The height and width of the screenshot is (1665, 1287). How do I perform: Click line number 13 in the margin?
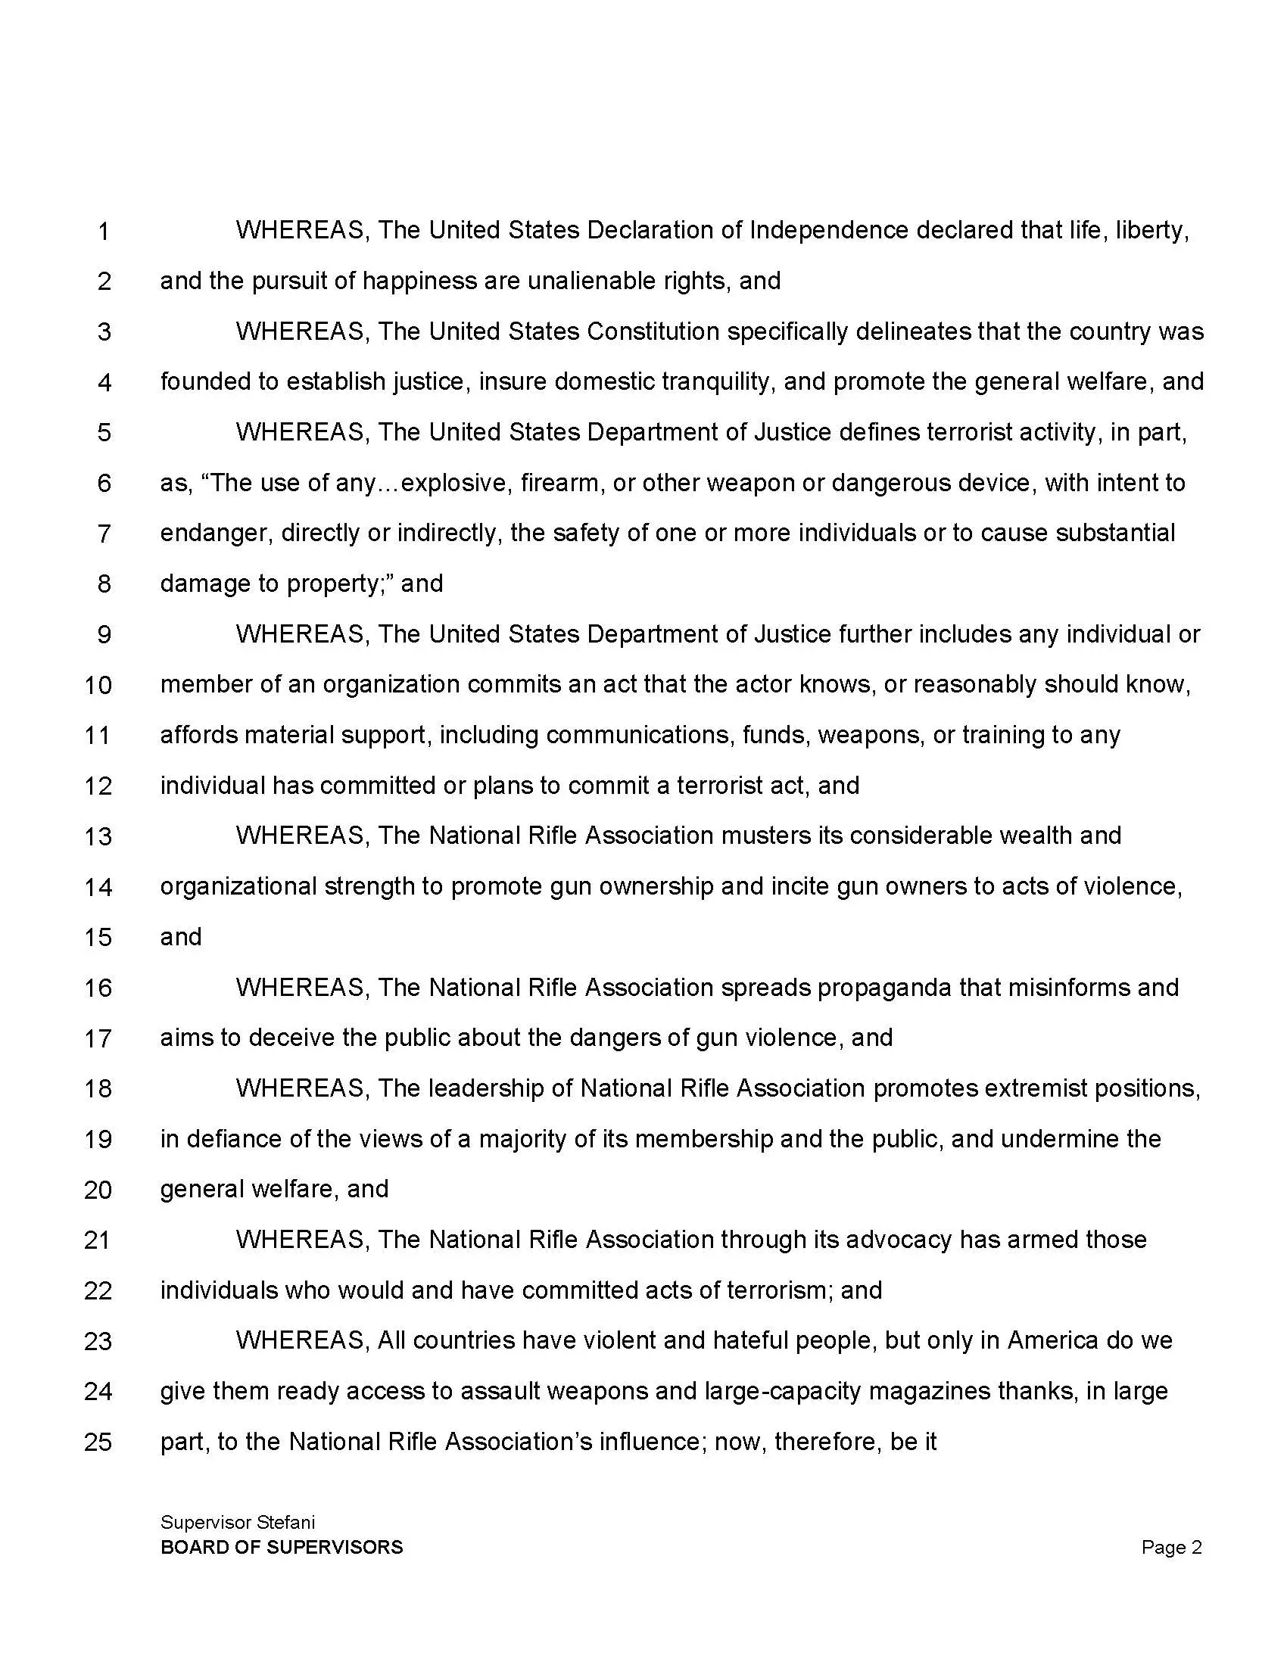pos(98,836)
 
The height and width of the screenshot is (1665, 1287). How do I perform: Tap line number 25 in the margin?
pos(98,1442)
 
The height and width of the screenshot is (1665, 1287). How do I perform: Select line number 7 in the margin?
pos(104,534)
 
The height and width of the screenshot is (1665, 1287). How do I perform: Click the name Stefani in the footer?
pos(285,1523)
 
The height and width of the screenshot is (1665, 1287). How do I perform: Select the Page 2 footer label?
pos(1171,1547)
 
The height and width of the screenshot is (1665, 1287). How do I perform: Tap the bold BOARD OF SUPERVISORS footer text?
pos(282,1547)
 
